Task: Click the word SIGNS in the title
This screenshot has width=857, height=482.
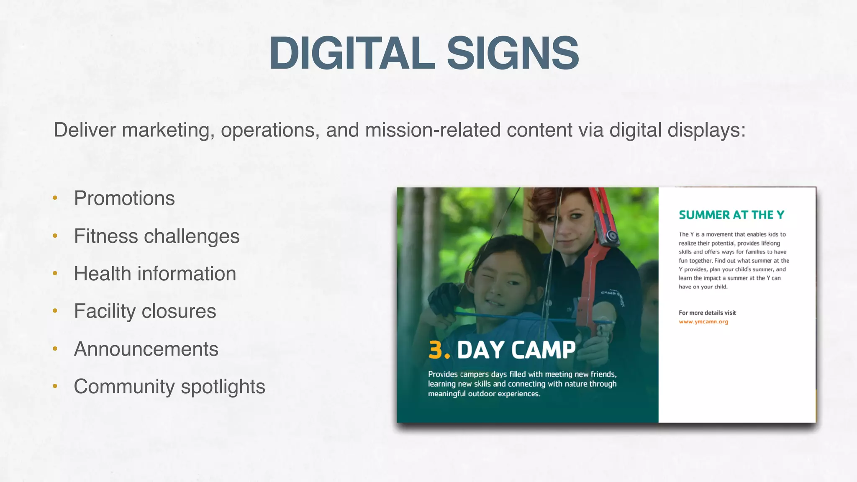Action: click(x=513, y=54)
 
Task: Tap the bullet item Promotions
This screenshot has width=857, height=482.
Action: click(x=124, y=198)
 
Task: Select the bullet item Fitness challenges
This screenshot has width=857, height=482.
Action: click(x=157, y=236)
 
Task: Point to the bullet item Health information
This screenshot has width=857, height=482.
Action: click(x=155, y=274)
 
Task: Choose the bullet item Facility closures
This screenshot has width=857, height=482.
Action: click(x=145, y=311)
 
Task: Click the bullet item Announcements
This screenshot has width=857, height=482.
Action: click(x=146, y=349)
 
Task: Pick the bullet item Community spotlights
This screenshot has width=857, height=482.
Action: click(x=169, y=387)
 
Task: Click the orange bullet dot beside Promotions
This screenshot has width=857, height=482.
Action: click(x=55, y=198)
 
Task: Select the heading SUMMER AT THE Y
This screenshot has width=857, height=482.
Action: click(x=731, y=215)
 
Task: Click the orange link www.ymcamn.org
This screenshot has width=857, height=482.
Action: click(x=703, y=322)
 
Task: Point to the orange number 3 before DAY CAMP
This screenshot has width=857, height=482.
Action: click(x=436, y=350)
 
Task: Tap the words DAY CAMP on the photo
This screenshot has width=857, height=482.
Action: click(x=516, y=350)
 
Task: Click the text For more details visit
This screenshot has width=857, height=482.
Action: click(x=707, y=313)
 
